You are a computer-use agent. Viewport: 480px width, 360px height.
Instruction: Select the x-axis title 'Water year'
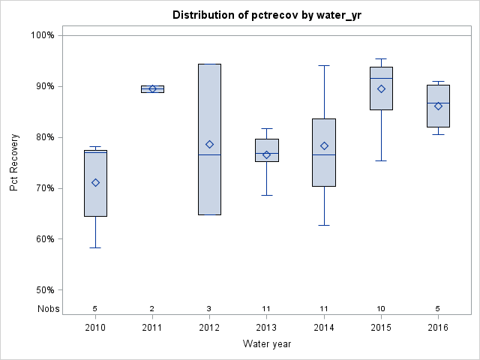click(266, 344)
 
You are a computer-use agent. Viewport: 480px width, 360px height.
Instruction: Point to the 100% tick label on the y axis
click(42, 35)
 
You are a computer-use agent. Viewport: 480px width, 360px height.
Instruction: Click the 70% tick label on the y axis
click(42, 188)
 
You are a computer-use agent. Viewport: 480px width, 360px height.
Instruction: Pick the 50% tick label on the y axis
click(42, 290)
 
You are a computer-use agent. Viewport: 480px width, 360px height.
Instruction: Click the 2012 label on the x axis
click(209, 328)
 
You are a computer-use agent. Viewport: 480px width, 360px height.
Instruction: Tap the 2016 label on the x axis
click(438, 328)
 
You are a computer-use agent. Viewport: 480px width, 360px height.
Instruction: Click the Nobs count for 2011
click(152, 308)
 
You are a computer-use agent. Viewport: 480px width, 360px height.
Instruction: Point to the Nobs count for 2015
click(381, 308)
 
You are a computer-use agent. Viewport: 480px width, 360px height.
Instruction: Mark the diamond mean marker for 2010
click(95, 182)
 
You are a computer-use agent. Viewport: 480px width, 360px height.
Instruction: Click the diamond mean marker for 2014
click(324, 145)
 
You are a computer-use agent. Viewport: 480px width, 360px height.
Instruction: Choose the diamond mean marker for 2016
click(438, 106)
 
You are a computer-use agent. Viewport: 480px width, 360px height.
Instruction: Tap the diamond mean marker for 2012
click(209, 144)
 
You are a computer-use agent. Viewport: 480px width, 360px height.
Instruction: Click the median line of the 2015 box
click(381, 78)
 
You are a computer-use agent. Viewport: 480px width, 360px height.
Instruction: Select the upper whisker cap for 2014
click(324, 65)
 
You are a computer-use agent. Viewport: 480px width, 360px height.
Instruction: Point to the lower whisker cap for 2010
click(95, 247)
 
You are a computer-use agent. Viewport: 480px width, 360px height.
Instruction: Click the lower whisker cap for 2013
click(267, 195)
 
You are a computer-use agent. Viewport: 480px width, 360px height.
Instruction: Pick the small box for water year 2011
click(152, 88)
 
